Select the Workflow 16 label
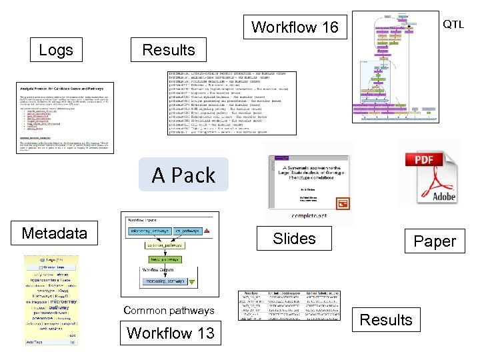tap(295, 27)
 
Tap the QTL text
tap(453, 25)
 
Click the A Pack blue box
tap(183, 175)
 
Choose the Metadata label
tap(54, 233)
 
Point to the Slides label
tap(294, 239)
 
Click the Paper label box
tap(435, 242)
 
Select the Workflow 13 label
tap(171, 333)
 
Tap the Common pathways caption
tap(169, 311)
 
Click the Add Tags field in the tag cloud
tap(37, 342)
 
